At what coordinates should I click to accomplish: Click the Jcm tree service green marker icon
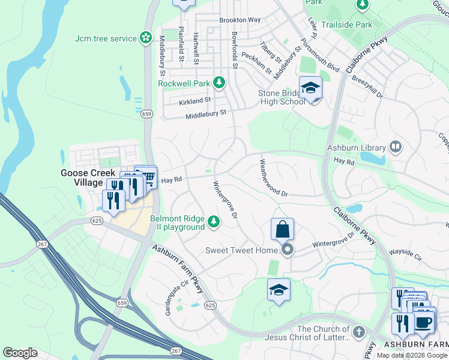145,38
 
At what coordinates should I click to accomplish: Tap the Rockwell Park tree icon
220,82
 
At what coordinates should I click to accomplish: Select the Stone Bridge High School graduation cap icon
310,88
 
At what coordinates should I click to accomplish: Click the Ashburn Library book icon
395,146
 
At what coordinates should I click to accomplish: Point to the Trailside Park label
346,25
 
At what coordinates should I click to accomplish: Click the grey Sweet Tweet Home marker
288,250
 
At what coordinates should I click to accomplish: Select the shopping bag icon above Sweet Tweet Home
282,229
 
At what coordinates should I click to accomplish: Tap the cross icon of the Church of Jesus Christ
358,332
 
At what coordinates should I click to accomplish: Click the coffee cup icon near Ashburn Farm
424,322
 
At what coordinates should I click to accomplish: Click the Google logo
20,353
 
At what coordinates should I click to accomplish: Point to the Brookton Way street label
240,20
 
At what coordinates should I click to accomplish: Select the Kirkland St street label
195,101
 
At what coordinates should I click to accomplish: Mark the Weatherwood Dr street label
274,178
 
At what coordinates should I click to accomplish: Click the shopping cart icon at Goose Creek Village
146,176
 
